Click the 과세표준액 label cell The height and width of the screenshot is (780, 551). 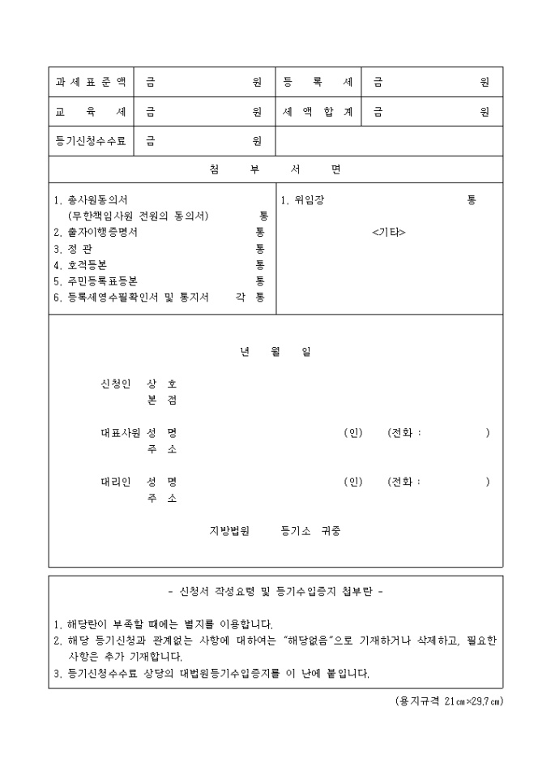point(91,82)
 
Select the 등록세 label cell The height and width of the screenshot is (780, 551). point(318,82)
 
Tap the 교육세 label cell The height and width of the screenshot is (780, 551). point(91,112)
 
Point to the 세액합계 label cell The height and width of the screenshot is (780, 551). point(318,112)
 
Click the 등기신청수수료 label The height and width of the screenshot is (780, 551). point(91,141)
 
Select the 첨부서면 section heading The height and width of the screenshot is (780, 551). point(275,169)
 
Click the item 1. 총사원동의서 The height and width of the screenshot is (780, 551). point(90,199)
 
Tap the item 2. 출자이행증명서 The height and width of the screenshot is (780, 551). point(95,232)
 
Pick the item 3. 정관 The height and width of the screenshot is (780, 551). point(72,248)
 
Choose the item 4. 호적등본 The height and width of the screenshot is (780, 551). point(80,264)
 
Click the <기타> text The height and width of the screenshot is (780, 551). point(388,233)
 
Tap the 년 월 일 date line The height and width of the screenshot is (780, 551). point(275,352)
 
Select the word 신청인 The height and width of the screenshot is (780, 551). point(115,384)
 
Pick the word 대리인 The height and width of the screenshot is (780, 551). point(115,482)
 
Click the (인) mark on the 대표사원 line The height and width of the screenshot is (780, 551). point(353,433)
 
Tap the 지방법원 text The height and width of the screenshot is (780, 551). point(230,532)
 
